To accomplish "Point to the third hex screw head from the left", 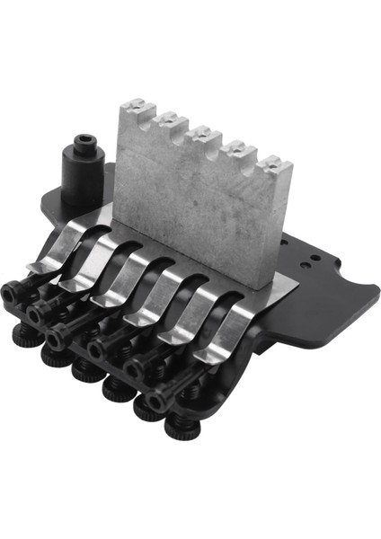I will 61,337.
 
